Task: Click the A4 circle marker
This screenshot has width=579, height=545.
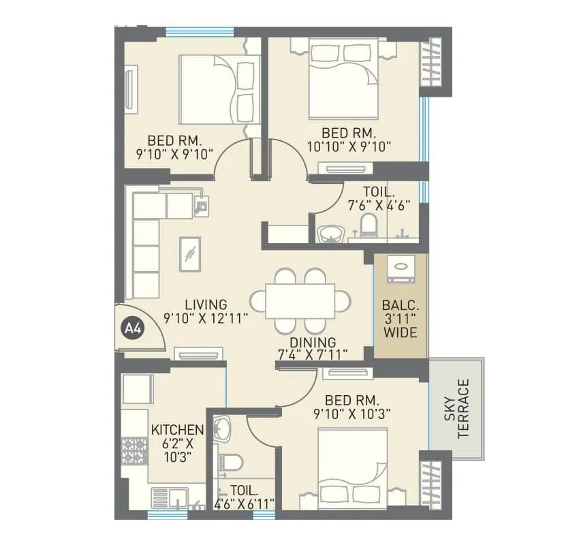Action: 132,329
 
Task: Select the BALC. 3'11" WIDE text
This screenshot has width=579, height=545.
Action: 400,320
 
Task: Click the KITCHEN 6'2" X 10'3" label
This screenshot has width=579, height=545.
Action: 177,443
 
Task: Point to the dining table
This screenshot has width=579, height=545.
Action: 300,300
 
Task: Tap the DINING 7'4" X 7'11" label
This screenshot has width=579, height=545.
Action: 313,348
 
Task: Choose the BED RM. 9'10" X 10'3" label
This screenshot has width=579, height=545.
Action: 352,406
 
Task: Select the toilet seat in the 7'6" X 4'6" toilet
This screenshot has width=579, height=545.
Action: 369,224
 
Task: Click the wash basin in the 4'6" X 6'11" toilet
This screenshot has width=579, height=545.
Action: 222,429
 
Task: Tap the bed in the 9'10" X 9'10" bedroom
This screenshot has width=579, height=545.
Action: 218,89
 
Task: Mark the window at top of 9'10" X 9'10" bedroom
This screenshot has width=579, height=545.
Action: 200,31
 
